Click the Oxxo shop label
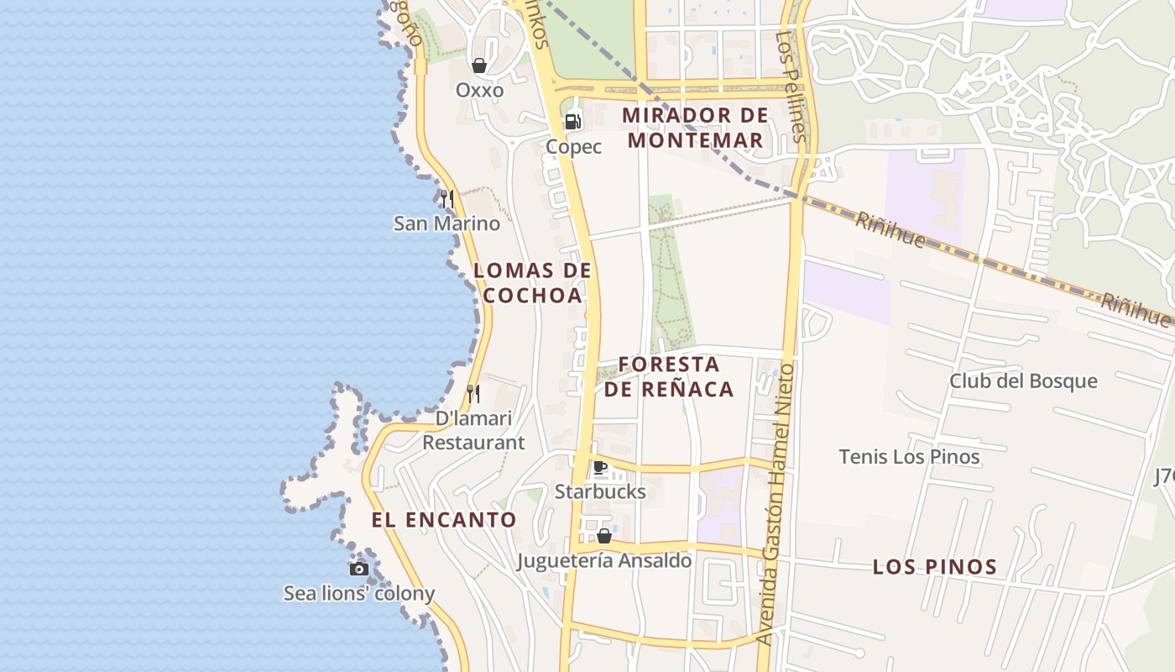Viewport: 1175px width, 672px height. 479,90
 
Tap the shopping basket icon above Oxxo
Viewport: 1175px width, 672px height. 479,66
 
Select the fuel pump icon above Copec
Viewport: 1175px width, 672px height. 573,122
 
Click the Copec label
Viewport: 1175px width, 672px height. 574,147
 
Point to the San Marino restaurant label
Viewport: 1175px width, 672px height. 446,223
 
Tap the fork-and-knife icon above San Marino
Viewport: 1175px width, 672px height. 447,199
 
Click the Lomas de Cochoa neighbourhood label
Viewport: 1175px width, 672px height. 533,283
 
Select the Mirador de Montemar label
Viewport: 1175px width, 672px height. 696,128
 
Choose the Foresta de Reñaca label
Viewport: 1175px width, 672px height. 669,376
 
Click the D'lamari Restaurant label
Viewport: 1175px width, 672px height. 473,430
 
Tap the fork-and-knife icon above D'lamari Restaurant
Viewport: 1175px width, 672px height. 473,393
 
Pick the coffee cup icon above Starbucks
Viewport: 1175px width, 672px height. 600,468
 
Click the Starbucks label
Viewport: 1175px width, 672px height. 600,491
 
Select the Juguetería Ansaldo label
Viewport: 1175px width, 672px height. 604,560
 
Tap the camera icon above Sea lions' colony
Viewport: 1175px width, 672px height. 359,569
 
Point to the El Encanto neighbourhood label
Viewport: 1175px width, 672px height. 444,520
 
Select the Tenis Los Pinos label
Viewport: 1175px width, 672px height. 909,457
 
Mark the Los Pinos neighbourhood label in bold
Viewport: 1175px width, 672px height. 935,567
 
